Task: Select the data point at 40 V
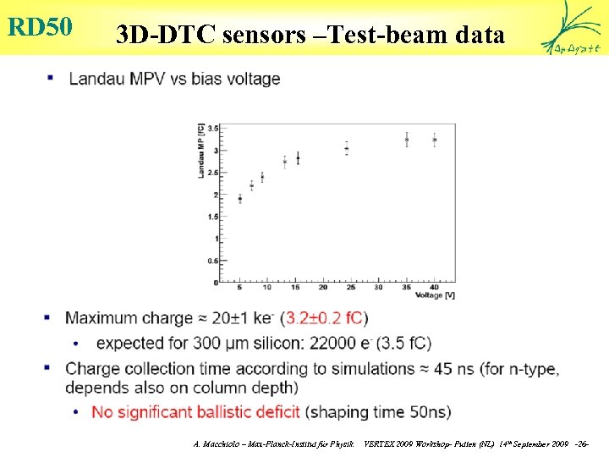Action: click(434, 140)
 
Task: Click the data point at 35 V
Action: click(407, 140)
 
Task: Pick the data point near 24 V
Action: click(347, 149)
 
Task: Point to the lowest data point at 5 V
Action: click(240, 199)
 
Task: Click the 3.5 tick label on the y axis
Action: click(213, 129)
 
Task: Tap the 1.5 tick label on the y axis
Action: click(213, 217)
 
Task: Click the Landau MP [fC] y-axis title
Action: click(202, 151)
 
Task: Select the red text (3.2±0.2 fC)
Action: click(325, 318)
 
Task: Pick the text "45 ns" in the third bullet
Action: click(452, 369)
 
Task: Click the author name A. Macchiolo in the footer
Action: click(219, 443)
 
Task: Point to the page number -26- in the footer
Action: click(582, 443)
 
